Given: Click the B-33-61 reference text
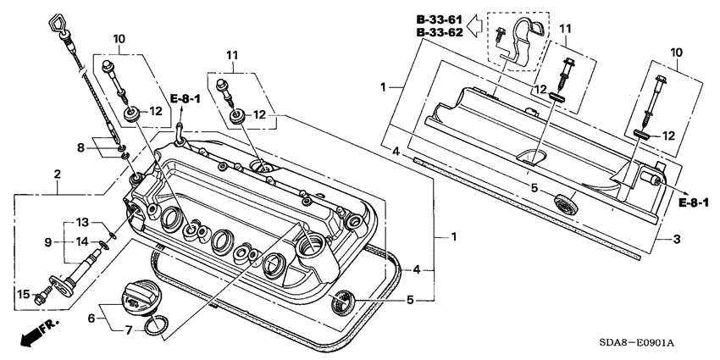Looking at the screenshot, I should point(440,19).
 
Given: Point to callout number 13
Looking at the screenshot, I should point(81,222).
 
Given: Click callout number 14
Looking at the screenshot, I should point(81,242).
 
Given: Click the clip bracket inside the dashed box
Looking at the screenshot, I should point(518,47).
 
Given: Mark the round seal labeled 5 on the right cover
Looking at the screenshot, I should point(561,204).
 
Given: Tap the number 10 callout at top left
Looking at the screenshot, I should point(119,38).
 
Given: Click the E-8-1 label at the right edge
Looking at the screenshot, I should point(694,202).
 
